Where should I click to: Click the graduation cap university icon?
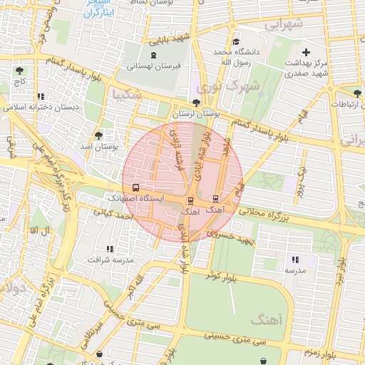pyautogui.click(x=237, y=41)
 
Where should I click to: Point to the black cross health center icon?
pyautogui.click(x=307, y=52)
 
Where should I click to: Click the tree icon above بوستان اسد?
pyautogui.click(x=98, y=135)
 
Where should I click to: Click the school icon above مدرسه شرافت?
pyautogui.click(x=110, y=249)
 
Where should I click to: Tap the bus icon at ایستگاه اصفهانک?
pyautogui.click(x=135, y=187)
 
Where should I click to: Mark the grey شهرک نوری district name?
pyautogui.click(x=220, y=87)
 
